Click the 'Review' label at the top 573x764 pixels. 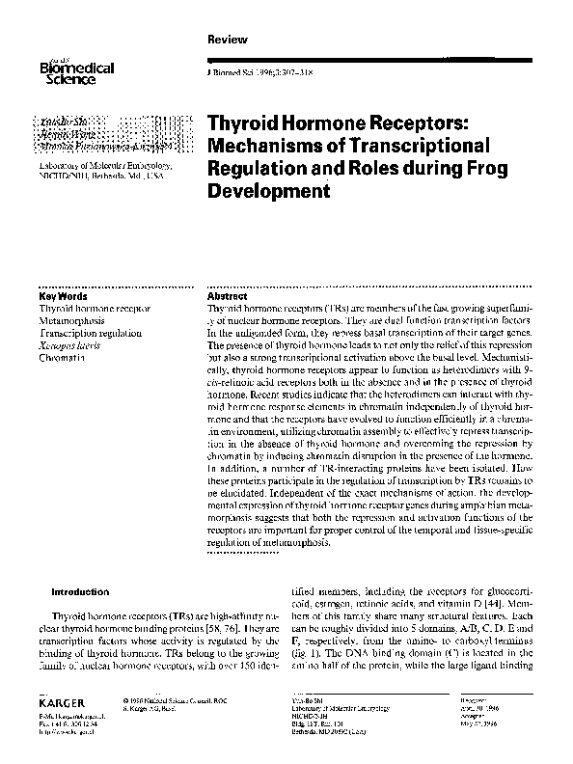(x=228, y=39)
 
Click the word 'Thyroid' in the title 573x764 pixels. (x=242, y=125)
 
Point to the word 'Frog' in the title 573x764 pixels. (x=457, y=169)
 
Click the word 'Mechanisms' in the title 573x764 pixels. (x=267, y=148)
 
